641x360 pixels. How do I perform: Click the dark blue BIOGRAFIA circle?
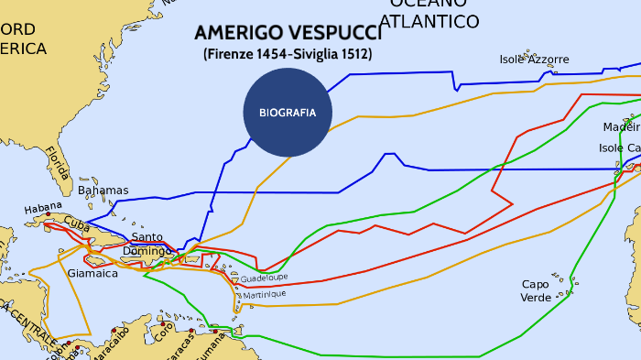(288, 113)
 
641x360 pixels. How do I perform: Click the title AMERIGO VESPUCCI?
(288, 34)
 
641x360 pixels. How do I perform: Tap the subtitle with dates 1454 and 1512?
(288, 54)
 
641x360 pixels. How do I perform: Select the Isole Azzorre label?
(534, 60)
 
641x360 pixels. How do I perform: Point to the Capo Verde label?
(536, 290)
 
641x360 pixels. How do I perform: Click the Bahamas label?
(103, 191)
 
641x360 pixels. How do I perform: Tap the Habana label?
(43, 208)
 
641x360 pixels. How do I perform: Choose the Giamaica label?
(92, 273)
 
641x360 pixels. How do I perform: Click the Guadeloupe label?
(265, 277)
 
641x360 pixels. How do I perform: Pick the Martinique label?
(265, 294)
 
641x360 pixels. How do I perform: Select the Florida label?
(57, 163)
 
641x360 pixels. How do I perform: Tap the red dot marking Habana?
(61, 214)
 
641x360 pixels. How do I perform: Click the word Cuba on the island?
(76, 224)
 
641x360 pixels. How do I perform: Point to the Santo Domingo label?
(147, 244)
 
